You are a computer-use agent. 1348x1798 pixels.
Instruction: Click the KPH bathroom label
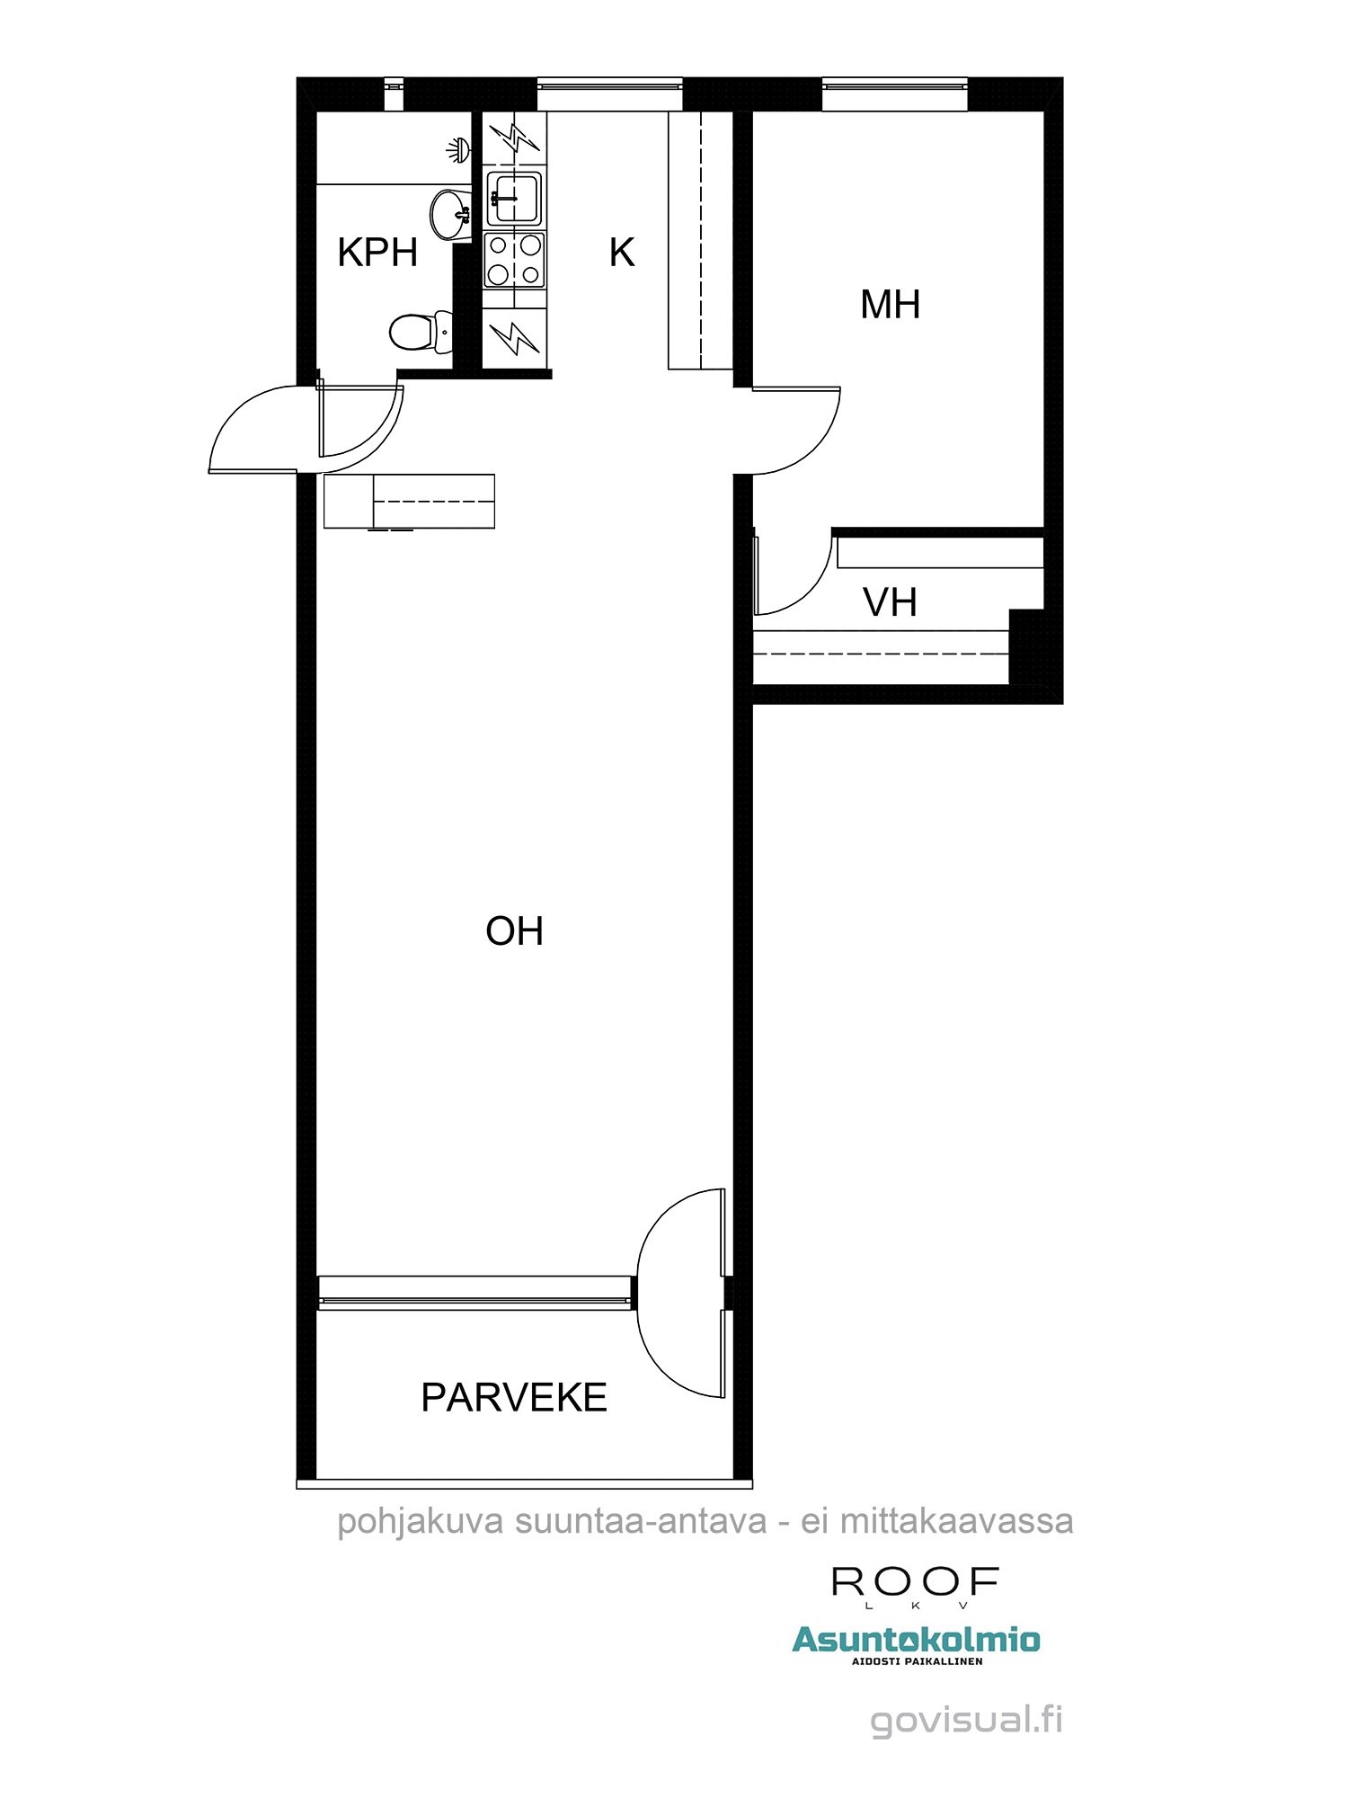point(377,253)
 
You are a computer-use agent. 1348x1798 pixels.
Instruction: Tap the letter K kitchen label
point(622,253)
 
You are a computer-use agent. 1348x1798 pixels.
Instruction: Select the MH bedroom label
point(890,304)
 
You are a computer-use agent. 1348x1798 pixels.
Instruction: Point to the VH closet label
point(890,602)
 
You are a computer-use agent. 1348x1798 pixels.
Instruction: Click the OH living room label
point(514,931)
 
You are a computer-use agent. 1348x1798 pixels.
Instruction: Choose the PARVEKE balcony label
point(514,1397)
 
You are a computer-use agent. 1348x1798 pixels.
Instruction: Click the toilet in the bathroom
point(421,331)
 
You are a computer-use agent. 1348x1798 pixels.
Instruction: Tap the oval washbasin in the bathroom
point(450,214)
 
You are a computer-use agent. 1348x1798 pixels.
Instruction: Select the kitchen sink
point(514,198)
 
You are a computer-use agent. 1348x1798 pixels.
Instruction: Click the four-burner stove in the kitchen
point(514,260)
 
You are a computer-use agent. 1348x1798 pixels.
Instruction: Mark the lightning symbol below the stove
point(514,337)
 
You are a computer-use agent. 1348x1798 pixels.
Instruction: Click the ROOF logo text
point(915,1581)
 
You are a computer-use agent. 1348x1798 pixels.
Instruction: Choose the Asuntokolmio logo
point(916,1642)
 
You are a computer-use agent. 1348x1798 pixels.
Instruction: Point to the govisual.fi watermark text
point(967,1721)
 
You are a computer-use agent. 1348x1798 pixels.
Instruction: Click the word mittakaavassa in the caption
point(957,1521)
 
